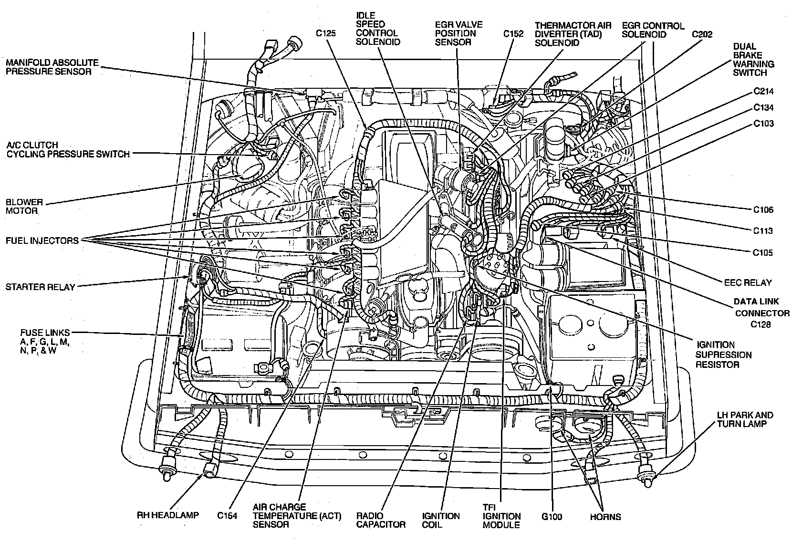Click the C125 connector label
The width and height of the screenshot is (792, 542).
326,33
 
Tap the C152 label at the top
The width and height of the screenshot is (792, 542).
513,34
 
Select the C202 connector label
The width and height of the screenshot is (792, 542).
702,34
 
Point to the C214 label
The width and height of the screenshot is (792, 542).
763,91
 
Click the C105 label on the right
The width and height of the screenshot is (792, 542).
763,252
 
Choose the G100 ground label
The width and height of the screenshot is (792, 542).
552,516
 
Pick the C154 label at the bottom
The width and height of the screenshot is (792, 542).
228,515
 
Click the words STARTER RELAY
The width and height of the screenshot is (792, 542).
41,287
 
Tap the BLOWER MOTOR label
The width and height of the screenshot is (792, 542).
24,206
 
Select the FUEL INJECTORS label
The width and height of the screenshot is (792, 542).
42,240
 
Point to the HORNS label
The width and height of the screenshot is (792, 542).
605,516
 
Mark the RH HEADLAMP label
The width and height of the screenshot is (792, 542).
167,515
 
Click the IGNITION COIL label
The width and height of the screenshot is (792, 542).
441,520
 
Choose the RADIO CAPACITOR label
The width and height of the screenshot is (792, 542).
381,520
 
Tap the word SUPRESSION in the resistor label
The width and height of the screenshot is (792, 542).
723,354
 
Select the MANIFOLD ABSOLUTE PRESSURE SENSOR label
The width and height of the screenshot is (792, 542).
52,67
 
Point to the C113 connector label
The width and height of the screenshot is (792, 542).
763,231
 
